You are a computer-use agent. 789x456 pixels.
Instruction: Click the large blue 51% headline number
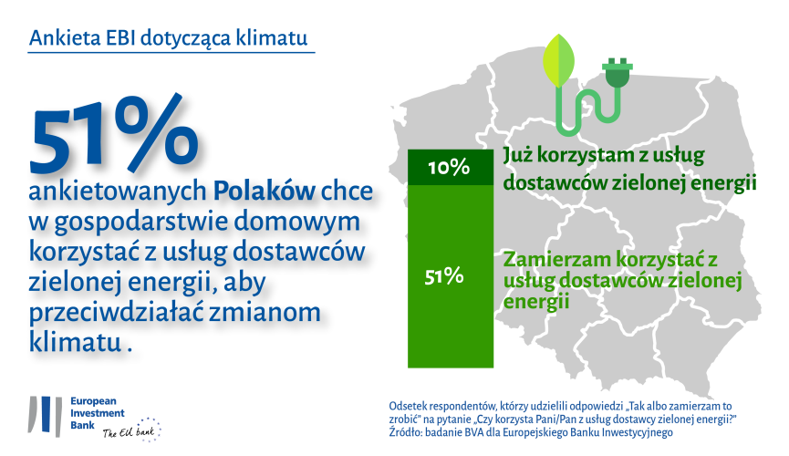point(114,133)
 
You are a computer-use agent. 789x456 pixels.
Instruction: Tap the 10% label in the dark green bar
point(449,167)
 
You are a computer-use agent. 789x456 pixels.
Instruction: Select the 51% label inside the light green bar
point(444,276)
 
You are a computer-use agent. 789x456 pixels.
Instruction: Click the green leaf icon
point(558,60)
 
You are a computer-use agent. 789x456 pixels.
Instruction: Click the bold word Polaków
point(265,192)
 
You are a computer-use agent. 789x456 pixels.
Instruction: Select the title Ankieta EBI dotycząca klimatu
point(168,37)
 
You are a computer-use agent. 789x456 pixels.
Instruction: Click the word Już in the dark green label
point(518,156)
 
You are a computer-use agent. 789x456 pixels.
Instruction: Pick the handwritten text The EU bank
point(129,432)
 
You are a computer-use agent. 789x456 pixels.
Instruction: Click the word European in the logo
point(93,401)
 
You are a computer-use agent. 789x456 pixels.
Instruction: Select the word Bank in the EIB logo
point(82,425)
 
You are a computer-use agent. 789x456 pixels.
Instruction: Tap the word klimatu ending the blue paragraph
point(76,342)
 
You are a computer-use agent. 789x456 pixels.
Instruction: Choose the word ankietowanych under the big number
point(118,192)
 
